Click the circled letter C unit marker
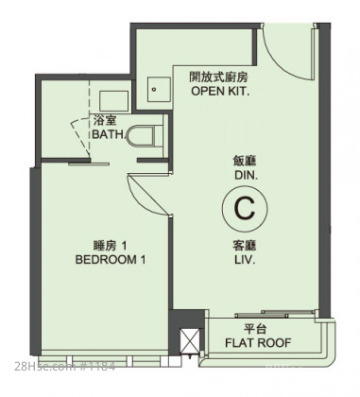tap(245, 208)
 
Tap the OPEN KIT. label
tap(220, 92)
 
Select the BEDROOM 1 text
tap(111, 260)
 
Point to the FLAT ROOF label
tap(258, 342)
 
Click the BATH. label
tap(108, 134)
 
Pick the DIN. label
tap(246, 175)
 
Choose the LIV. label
tap(245, 260)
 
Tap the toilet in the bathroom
tap(145, 136)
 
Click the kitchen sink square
tap(160, 90)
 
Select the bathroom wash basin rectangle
tap(113, 101)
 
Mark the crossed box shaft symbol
tap(189, 341)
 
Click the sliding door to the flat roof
tap(274, 314)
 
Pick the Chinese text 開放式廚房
tap(218, 77)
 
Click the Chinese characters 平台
tap(255, 329)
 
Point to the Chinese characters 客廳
tap(245, 246)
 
